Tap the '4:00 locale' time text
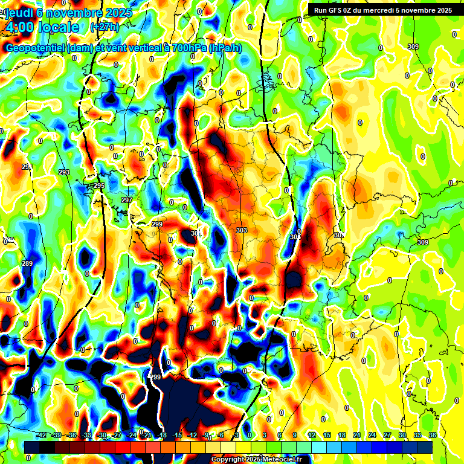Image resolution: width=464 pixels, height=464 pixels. click(41, 27)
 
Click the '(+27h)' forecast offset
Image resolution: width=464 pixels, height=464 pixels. click(105, 27)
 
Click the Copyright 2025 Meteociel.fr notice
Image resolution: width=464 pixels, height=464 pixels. click(256, 459)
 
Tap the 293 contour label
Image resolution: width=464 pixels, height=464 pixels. click(64, 173)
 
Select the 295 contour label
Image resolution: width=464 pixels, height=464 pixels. click(99, 185)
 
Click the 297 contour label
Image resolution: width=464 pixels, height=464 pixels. click(127, 200)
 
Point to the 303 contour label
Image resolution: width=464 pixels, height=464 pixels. click(242, 230)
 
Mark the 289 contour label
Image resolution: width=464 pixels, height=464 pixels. click(27, 263)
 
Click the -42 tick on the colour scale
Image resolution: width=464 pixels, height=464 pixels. click(41, 435)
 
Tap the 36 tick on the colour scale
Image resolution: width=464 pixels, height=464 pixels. click(433, 435)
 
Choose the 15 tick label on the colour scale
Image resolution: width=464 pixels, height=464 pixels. click(327, 435)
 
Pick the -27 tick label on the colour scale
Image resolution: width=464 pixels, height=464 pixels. click(117, 435)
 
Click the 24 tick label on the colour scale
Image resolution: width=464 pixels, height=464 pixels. click(372, 435)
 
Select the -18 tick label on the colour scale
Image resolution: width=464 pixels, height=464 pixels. click(162, 435)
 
